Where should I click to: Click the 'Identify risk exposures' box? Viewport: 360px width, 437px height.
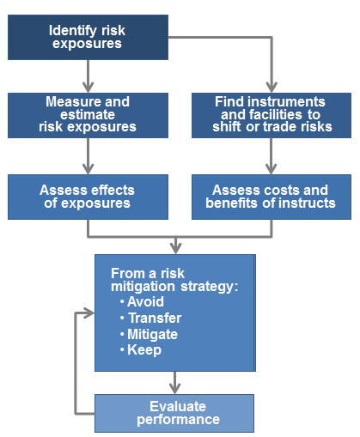(x=88, y=37)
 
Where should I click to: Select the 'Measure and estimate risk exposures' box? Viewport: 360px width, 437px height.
(x=88, y=114)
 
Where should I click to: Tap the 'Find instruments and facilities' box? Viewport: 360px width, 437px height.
(x=272, y=114)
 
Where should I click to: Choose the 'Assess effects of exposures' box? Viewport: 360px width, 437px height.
(x=88, y=197)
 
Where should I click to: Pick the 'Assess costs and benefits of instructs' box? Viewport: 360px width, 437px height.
(x=272, y=197)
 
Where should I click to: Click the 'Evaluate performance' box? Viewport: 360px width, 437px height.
(x=174, y=413)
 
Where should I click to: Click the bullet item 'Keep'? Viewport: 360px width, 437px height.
(x=143, y=350)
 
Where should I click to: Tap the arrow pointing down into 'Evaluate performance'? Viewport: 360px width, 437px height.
(x=174, y=382)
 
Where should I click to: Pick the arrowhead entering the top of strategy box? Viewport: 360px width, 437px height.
(x=174, y=248)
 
